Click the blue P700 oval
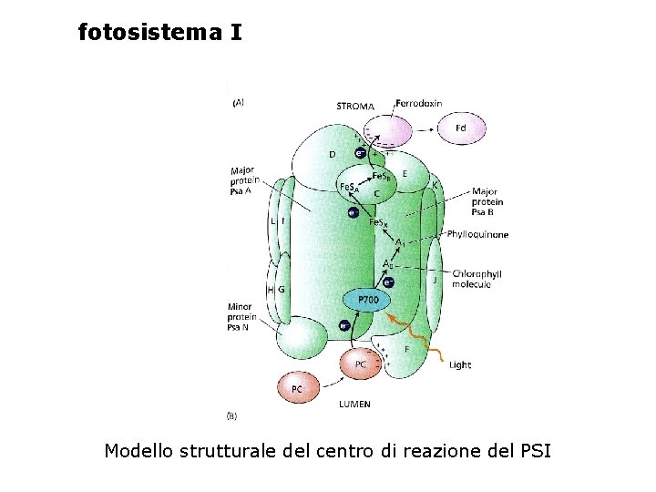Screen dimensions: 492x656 tap(368, 300)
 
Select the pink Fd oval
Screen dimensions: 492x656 tap(460, 128)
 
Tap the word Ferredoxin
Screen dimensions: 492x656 tap(418, 103)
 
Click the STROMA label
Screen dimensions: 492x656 tap(354, 107)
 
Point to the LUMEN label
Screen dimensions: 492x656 tap(354, 404)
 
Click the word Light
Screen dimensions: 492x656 tap(460, 364)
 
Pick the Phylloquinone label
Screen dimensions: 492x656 tap(477, 235)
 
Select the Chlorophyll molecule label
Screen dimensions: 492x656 tap(477, 279)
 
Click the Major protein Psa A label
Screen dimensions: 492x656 tap(242, 180)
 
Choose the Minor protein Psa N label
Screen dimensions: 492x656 tap(241, 316)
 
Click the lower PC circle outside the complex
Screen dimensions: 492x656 tap(297, 389)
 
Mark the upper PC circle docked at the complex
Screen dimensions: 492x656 tap(361, 364)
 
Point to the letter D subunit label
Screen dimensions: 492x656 tap(332, 155)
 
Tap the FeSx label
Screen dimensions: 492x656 tap(377, 222)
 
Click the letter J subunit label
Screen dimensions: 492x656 tap(435, 281)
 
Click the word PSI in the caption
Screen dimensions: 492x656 tap(535, 450)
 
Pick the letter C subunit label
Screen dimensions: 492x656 tap(376, 193)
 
